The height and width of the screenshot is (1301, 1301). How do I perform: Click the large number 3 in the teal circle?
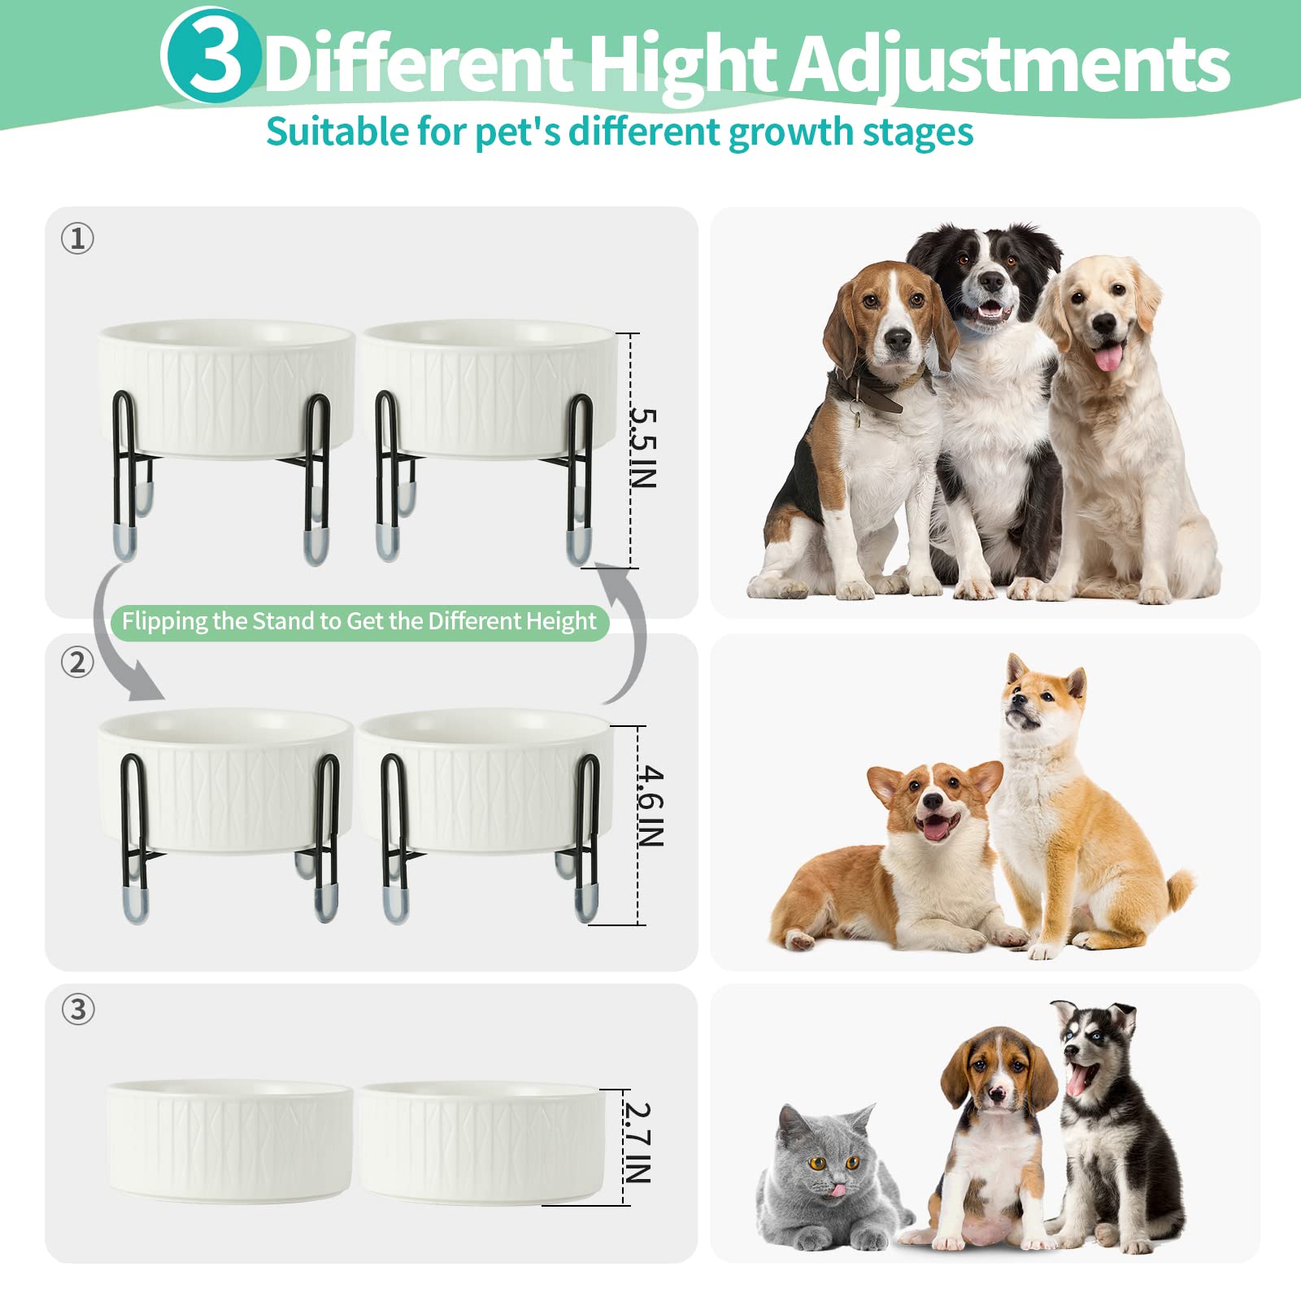coord(214,55)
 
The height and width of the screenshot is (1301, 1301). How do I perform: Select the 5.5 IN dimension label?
coord(643,448)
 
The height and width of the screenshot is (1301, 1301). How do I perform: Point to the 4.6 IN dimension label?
coord(650,806)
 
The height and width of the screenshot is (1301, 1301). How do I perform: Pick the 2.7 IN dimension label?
coord(638,1142)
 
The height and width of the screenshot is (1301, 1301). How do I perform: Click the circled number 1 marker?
coord(78,238)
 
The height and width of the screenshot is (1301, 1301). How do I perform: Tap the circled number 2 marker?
coord(78,663)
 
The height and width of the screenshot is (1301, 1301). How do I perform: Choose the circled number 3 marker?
coord(78,1009)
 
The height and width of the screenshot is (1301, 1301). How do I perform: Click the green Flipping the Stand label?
coord(359,622)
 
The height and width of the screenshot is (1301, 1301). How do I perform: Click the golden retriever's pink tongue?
coord(1107,357)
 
